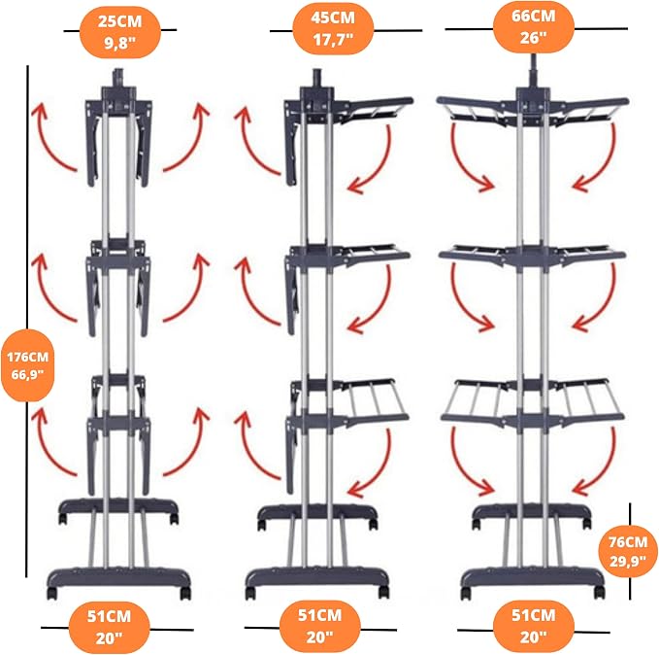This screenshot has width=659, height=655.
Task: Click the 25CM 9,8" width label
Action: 119,32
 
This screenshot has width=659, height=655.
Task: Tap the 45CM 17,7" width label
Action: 333,29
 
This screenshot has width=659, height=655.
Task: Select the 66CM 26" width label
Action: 534,27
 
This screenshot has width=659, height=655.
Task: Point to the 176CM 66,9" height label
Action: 28,365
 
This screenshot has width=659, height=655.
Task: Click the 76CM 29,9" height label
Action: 628,551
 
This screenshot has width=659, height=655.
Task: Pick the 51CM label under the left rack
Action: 110,627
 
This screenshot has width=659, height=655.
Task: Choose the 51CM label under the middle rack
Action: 320,627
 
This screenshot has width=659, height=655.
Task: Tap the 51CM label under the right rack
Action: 534,627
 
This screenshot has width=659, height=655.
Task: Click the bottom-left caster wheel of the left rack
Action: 51,593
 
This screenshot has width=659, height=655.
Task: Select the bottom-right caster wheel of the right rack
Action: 599,593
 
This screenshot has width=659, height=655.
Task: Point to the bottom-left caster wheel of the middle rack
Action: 251,592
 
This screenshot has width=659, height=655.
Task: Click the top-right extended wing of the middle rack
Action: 376,110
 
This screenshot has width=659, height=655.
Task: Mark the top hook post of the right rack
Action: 534,71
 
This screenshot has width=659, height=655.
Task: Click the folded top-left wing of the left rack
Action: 94,143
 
